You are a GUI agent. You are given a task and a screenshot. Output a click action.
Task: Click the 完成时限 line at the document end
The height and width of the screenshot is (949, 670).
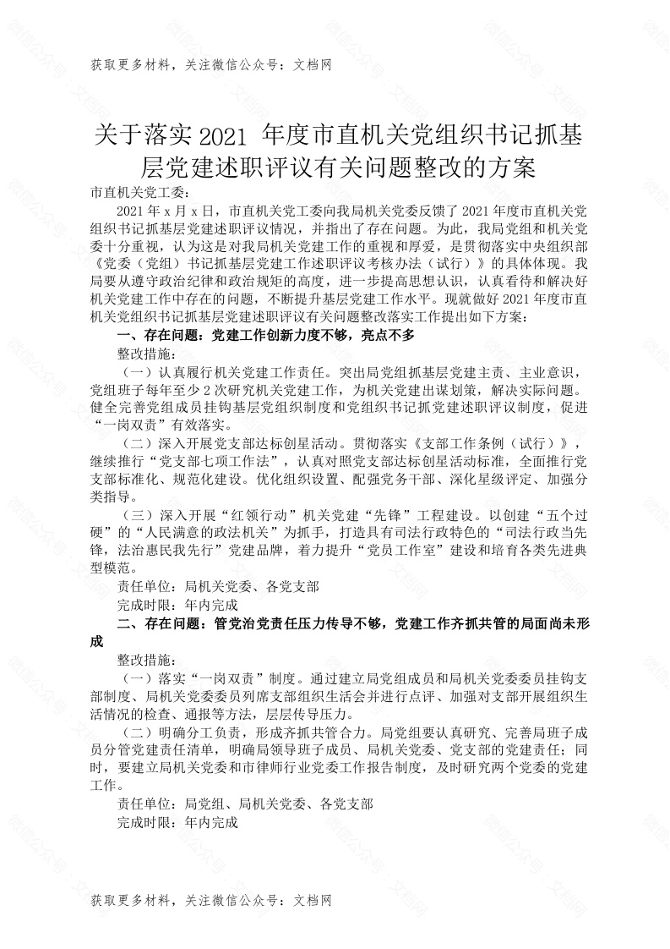(178, 820)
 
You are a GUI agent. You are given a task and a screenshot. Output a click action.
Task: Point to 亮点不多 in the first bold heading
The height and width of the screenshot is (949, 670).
(388, 336)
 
